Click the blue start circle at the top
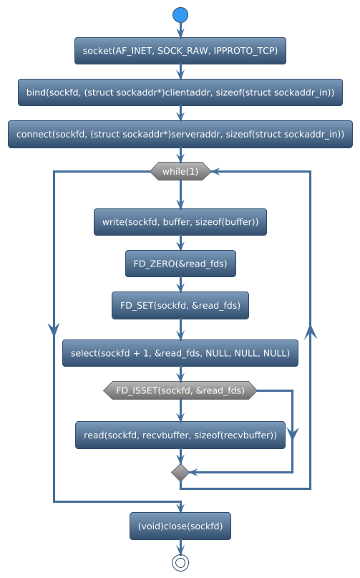click(x=180, y=15)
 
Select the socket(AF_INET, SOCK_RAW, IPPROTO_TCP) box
click(x=180, y=51)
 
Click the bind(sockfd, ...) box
click(x=180, y=92)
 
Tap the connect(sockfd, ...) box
click(x=180, y=134)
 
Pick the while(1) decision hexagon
click(x=180, y=171)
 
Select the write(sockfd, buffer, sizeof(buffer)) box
click(x=180, y=222)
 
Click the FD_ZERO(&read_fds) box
click(x=180, y=264)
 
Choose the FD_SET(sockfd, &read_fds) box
click(x=180, y=305)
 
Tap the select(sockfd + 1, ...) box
click(x=180, y=352)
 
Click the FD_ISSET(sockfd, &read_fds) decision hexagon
click(x=180, y=390)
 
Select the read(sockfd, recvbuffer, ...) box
click(x=180, y=435)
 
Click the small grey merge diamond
click(x=180, y=472)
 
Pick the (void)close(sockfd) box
click(x=180, y=527)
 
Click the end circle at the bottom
click(x=180, y=562)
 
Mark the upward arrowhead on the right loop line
click(x=310, y=332)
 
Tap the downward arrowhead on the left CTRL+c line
click(x=54, y=327)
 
